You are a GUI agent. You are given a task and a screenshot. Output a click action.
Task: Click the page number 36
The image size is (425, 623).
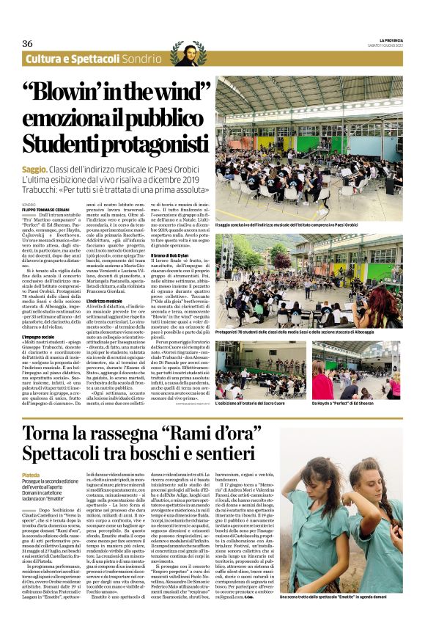(x=27, y=44)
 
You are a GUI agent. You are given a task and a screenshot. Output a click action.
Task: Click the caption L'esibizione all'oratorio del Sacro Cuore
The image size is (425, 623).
(x=256, y=403)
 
